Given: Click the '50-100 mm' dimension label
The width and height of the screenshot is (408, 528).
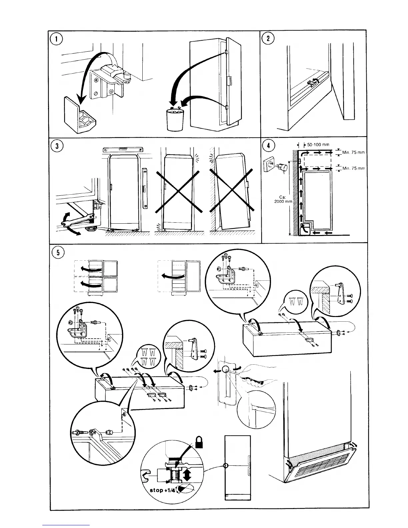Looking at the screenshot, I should (319, 145).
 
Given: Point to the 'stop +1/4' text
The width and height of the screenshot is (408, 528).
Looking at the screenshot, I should (161, 490).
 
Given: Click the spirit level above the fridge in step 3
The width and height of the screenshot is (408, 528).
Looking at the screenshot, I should (123, 149).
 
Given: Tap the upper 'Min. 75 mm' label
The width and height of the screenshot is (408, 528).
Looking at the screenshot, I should (353, 152).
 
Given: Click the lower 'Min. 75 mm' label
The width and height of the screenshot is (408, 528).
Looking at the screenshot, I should (353, 168).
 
